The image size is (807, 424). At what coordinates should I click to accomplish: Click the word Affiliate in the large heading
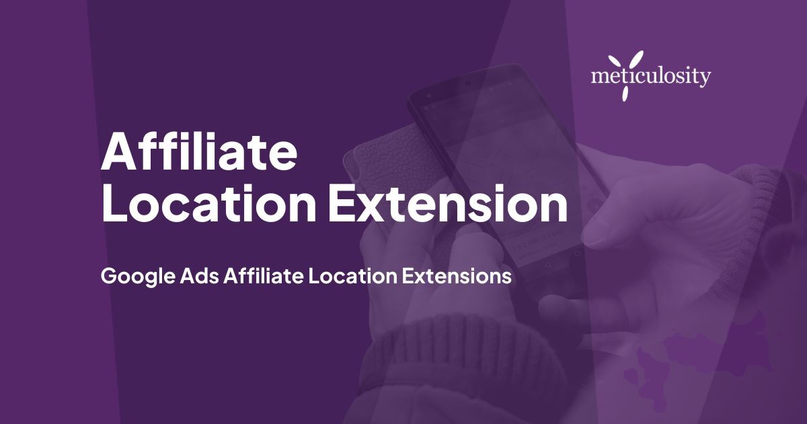(x=199, y=151)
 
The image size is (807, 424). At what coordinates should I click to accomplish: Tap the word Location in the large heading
(x=209, y=203)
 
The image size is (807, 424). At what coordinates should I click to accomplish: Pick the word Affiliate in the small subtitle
(x=264, y=276)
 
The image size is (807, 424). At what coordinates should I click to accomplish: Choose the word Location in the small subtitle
(x=352, y=276)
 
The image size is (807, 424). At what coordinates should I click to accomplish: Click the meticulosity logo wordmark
(x=651, y=77)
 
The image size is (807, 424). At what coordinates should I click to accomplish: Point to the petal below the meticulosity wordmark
(x=626, y=94)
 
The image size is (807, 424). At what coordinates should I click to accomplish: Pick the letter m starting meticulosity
(x=599, y=77)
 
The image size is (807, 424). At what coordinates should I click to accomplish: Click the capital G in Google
(x=109, y=276)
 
